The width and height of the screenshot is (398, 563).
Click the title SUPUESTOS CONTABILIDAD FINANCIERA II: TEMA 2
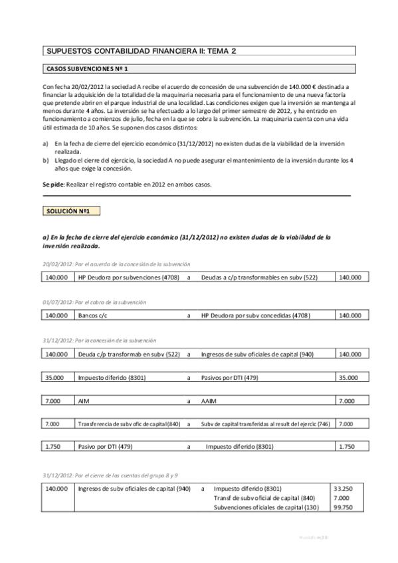pos(142,50)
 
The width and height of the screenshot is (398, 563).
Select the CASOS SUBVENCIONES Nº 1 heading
pos(87,69)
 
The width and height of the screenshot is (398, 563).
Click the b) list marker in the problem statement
pos(45,161)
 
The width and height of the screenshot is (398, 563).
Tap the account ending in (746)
pos(265,424)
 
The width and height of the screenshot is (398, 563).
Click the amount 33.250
pos(342,488)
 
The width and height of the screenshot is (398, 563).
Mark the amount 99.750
pos(342,507)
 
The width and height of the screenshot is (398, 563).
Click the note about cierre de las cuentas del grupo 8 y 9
pos(110,475)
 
